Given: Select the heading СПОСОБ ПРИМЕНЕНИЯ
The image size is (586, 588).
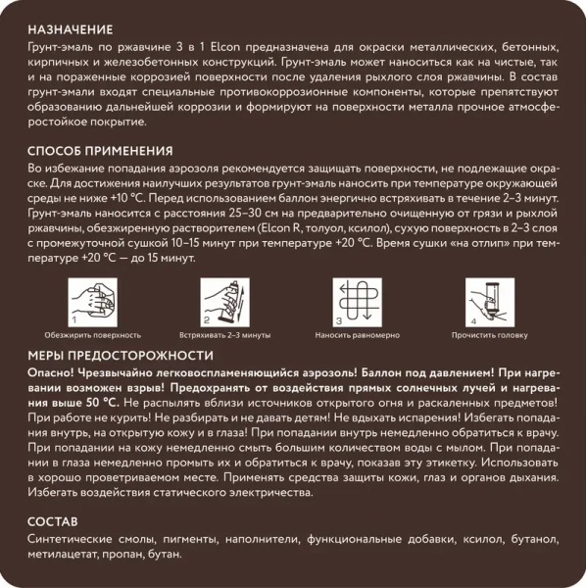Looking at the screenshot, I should (101, 151).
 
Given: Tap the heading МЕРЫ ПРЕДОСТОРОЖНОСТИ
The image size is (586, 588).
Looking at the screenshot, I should (121, 355).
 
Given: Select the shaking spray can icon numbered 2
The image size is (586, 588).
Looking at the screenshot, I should (223, 301).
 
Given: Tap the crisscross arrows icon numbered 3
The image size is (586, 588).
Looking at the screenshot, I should (358, 301).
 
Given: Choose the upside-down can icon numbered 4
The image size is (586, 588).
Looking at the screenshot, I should (490, 301).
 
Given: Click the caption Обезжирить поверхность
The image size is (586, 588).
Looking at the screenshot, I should (93, 334).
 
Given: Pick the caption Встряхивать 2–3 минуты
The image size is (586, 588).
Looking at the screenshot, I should (224, 334).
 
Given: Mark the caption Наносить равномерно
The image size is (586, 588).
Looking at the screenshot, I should (358, 334).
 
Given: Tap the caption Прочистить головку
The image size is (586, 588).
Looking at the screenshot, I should (490, 334).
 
